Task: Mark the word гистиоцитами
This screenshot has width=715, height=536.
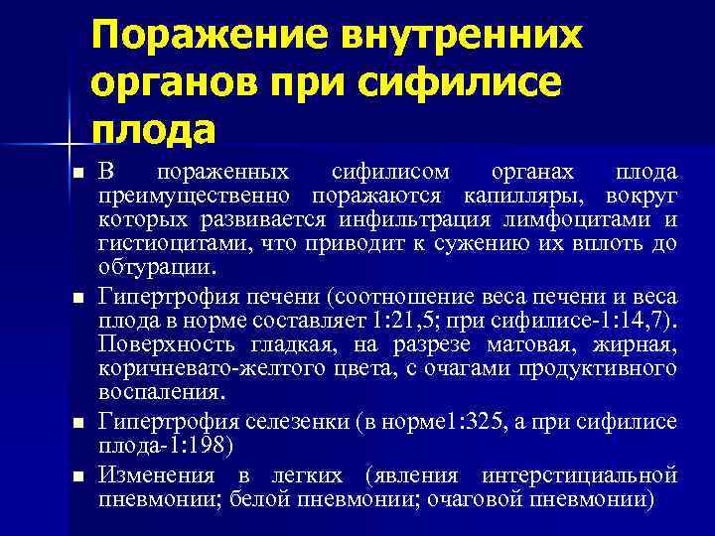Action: tap(161, 243)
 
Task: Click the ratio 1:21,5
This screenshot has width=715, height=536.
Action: tap(405, 322)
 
